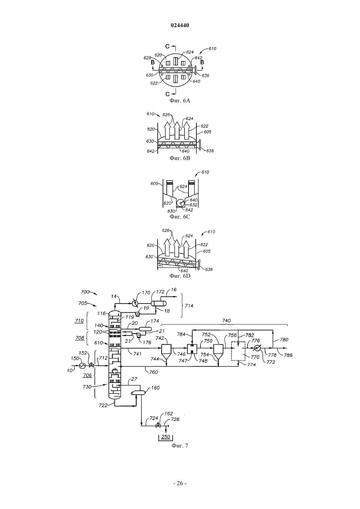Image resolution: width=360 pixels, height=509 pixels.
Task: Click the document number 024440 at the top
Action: tap(180, 26)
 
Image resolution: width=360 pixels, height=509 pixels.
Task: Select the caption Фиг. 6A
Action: tap(180, 100)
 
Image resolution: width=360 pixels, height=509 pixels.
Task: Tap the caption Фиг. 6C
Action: tap(180, 217)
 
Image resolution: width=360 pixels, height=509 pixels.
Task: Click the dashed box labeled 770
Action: tap(238, 351)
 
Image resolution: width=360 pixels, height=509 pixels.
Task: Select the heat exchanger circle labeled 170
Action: tap(135, 303)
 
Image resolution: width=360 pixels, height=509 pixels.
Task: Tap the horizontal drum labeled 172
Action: tap(159, 303)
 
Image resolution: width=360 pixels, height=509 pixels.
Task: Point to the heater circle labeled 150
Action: tap(82, 366)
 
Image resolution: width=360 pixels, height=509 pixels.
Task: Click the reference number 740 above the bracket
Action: tap(226, 320)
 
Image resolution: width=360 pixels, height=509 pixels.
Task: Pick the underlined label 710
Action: tap(79, 321)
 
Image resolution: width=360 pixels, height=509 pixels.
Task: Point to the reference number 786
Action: tap(288, 355)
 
